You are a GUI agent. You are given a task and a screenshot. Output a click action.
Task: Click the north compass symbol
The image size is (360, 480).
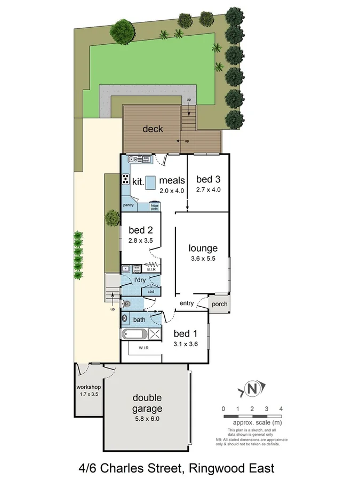click(x=251, y=389)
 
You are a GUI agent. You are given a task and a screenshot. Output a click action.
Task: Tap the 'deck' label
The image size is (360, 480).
click(x=153, y=129)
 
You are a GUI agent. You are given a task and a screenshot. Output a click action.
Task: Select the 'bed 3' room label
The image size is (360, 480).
click(x=208, y=179)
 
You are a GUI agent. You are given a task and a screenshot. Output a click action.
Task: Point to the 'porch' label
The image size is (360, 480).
click(x=219, y=304)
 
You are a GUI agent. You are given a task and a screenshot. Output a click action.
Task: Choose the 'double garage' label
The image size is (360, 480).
click(x=147, y=403)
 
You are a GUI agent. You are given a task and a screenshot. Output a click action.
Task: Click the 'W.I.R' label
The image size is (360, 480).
click(x=143, y=348)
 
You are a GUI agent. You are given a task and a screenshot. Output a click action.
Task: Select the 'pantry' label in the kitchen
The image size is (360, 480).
click(x=129, y=205)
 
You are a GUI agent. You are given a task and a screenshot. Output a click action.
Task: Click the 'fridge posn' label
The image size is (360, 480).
click(x=154, y=206)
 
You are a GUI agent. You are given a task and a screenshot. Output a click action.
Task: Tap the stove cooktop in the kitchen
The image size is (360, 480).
click(x=126, y=179)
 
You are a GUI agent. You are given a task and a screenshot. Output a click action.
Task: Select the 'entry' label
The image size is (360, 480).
click(x=187, y=303)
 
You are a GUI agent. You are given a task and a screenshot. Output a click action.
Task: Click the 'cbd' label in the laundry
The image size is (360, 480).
click(x=151, y=291)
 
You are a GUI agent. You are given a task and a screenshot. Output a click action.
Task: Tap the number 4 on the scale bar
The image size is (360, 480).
click(x=281, y=409)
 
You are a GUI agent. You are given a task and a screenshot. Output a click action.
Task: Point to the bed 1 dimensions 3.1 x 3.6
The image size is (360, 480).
click(x=186, y=344)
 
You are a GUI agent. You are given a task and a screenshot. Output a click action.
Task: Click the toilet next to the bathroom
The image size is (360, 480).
click(x=126, y=304)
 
